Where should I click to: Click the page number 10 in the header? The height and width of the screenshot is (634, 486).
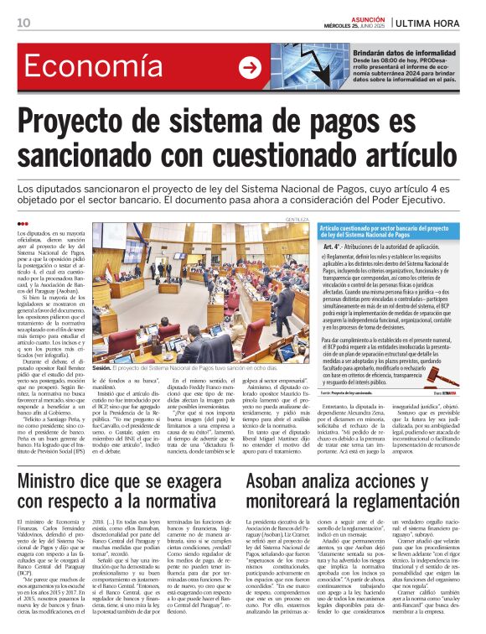point(23,23)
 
